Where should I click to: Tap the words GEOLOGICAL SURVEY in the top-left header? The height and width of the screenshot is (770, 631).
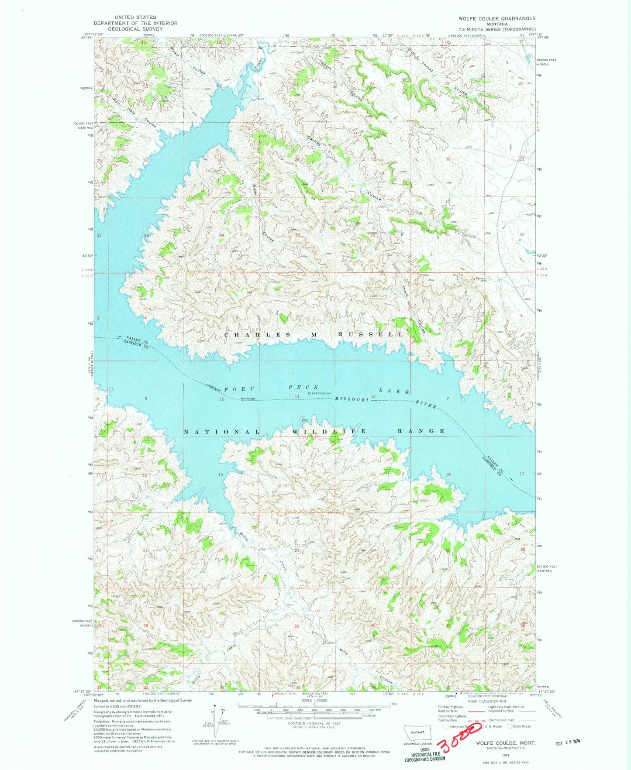coord(135,29)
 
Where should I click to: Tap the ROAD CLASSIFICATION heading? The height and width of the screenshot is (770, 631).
coord(488,701)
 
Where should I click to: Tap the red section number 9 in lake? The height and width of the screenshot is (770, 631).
coord(146,399)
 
